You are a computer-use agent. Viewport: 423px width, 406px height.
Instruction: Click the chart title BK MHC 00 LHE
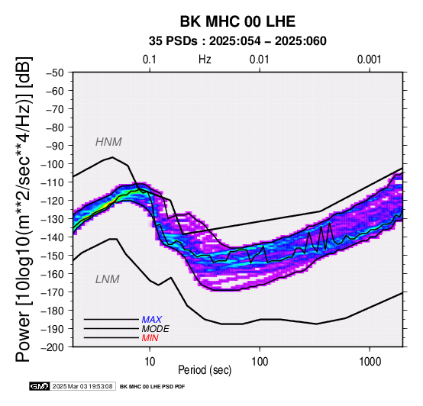pos(237,21)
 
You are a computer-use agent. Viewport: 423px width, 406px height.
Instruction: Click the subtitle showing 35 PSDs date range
pos(237,41)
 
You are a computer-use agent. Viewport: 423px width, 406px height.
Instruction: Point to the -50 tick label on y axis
pos(55,72)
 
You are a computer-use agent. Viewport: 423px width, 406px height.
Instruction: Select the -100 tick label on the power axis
pos(53,164)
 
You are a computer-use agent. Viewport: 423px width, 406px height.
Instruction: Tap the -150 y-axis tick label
pos(53,256)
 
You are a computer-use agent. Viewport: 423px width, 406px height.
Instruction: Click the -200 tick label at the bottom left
pos(53,347)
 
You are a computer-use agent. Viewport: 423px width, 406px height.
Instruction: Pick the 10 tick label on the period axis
pos(150,362)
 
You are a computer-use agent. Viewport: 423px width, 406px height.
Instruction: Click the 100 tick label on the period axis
pos(260,362)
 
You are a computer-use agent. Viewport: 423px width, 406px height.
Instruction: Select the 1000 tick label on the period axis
pos(370,362)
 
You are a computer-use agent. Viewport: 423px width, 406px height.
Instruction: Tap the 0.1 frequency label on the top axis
pos(150,60)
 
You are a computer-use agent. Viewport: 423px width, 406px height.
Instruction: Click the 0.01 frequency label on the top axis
pos(260,60)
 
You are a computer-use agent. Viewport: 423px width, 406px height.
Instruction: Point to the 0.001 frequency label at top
pos(370,60)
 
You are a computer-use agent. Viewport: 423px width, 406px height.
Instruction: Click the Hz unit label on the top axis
pos(205,60)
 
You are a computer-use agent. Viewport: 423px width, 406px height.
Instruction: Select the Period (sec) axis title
pos(205,370)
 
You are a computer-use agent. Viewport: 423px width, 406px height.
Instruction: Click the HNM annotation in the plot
pos(108,142)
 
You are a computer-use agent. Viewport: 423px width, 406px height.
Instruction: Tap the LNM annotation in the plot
pos(108,279)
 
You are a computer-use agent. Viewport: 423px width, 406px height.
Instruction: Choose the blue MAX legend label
pos(152,320)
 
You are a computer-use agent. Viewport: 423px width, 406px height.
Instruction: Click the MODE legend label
pos(156,329)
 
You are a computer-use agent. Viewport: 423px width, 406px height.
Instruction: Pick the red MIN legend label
pos(150,338)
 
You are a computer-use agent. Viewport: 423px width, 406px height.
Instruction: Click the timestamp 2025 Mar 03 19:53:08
pos(82,387)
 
